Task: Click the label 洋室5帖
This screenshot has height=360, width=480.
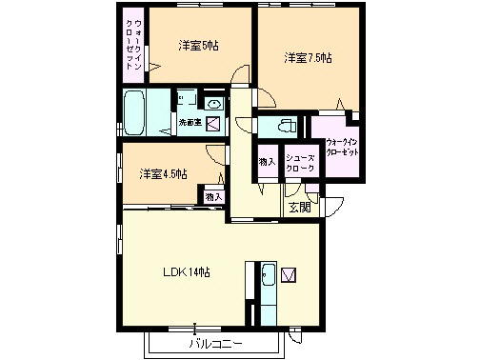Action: click(198, 46)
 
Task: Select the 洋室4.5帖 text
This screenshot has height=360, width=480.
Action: click(163, 173)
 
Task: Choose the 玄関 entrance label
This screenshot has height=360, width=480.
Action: click(299, 207)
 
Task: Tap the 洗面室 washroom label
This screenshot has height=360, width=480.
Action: click(190, 122)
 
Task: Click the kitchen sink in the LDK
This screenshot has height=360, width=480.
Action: click(268, 277)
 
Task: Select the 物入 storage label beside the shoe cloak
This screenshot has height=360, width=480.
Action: click(266, 161)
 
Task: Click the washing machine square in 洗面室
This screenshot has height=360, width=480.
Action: click(214, 122)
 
